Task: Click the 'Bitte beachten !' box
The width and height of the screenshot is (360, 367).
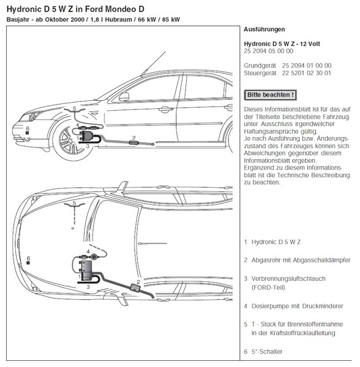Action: (270, 95)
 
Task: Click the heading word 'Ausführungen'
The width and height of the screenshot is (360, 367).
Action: (264, 29)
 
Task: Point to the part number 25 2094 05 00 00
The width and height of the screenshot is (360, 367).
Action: (268, 51)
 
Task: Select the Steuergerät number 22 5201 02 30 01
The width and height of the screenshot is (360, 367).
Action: (306, 73)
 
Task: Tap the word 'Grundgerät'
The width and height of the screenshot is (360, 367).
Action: (260, 65)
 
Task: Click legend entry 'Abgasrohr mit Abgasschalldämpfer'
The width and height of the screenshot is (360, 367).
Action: (301, 261)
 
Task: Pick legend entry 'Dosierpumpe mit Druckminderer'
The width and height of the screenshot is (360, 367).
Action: (297, 306)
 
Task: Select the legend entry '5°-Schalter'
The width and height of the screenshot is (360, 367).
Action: (267, 352)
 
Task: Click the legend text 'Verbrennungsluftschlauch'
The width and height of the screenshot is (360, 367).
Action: (288, 279)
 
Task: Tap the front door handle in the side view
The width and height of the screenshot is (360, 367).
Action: (165, 109)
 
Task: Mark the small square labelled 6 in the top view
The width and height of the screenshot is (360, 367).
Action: (28, 263)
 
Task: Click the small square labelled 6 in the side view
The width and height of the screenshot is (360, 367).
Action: (27, 133)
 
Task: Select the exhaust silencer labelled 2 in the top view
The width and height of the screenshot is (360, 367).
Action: (135, 287)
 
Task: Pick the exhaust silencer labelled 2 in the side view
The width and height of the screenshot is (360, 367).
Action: (134, 143)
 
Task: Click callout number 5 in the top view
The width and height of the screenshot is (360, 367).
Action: (74, 203)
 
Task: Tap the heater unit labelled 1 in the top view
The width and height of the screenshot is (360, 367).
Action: (86, 269)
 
